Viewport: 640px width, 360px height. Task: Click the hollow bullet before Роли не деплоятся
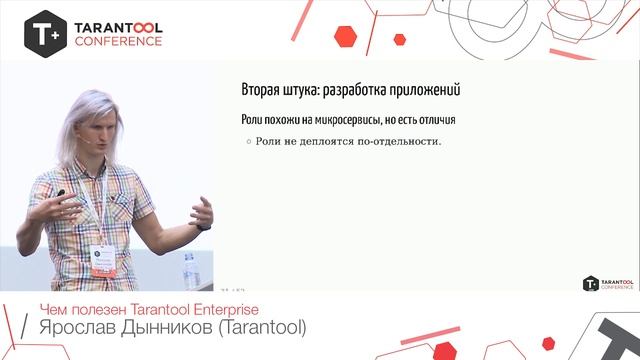pos(249,141)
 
